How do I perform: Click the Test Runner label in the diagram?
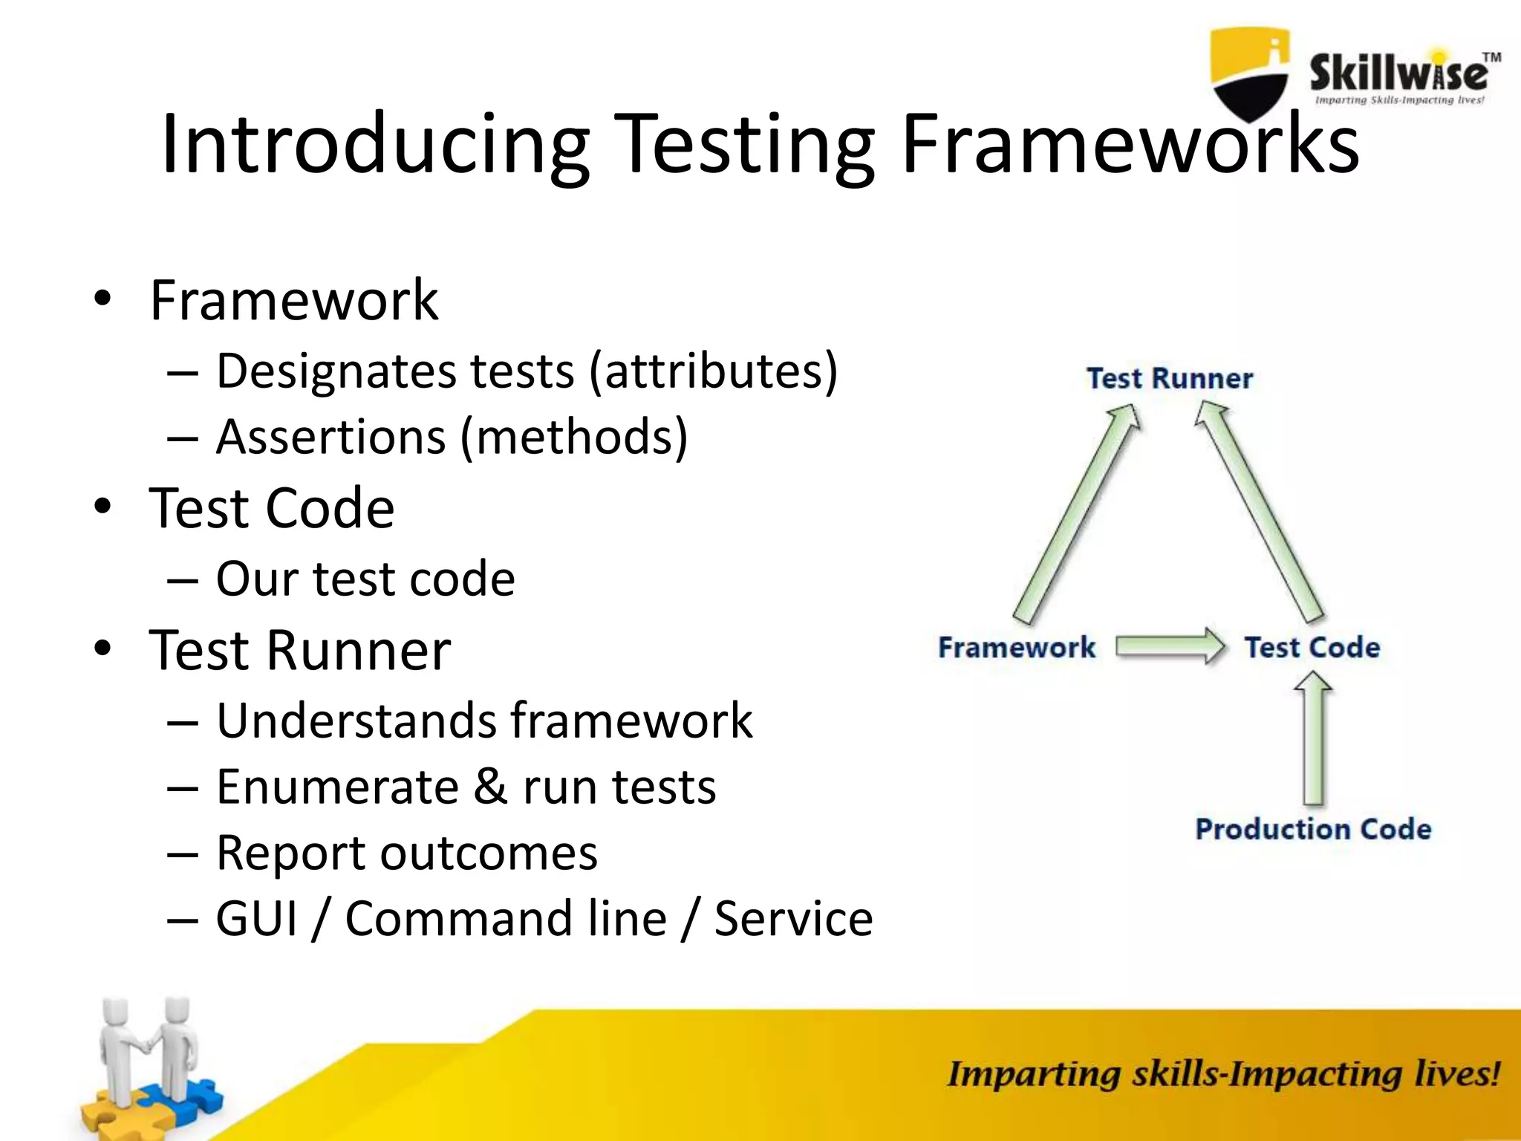coord(1170,379)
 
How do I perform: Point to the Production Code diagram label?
coord(1313,829)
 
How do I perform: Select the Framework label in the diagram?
coord(1016,648)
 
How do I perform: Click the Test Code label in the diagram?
coord(1312,648)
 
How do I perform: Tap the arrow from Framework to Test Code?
coord(1170,646)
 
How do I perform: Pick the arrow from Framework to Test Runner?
coord(1077,513)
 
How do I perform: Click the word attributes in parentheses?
coord(713,370)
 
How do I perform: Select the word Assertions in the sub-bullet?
coord(331,437)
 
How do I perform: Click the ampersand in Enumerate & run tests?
coord(490,787)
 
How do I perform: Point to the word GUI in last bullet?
coord(257,919)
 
